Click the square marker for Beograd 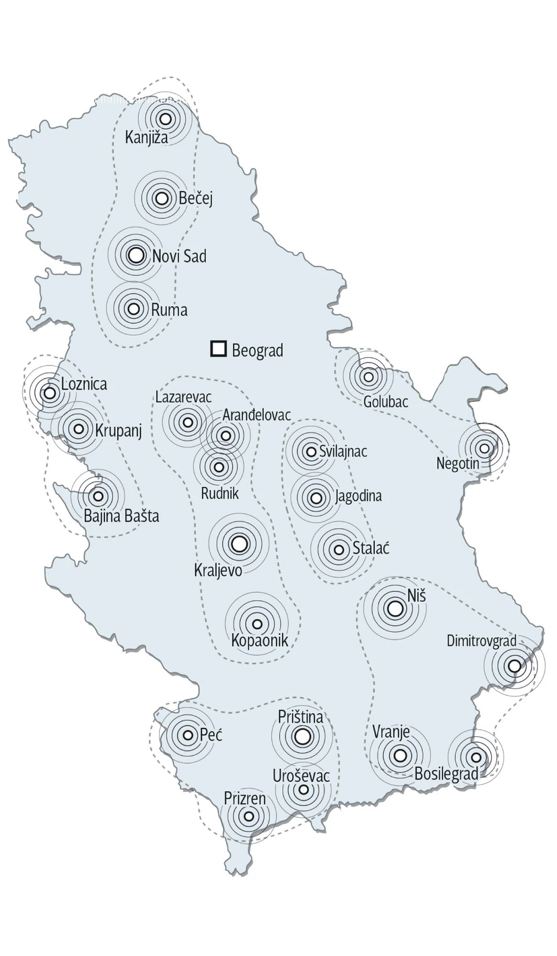pyautogui.click(x=219, y=349)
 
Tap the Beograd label pyautogui.click(x=257, y=350)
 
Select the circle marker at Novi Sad pyautogui.click(x=136, y=255)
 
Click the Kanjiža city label pyautogui.click(x=146, y=137)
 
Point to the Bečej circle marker pyautogui.click(x=161, y=198)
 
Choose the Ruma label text pyautogui.click(x=169, y=309)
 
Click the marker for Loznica pyautogui.click(x=50, y=392)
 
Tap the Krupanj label pyautogui.click(x=119, y=430)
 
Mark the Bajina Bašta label pyautogui.click(x=121, y=516)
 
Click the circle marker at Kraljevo pyautogui.click(x=239, y=543)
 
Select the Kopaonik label pyautogui.click(x=260, y=640)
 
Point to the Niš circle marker pyautogui.click(x=395, y=608)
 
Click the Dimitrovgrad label pyautogui.click(x=481, y=640)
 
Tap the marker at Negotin pyautogui.click(x=484, y=448)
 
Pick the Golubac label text pyautogui.click(x=385, y=402)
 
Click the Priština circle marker pyautogui.click(x=302, y=736)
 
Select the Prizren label pyautogui.click(x=244, y=798)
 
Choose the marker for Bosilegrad pyautogui.click(x=475, y=757)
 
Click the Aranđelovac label pyautogui.click(x=257, y=415)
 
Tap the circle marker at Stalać pyautogui.click(x=339, y=550)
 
